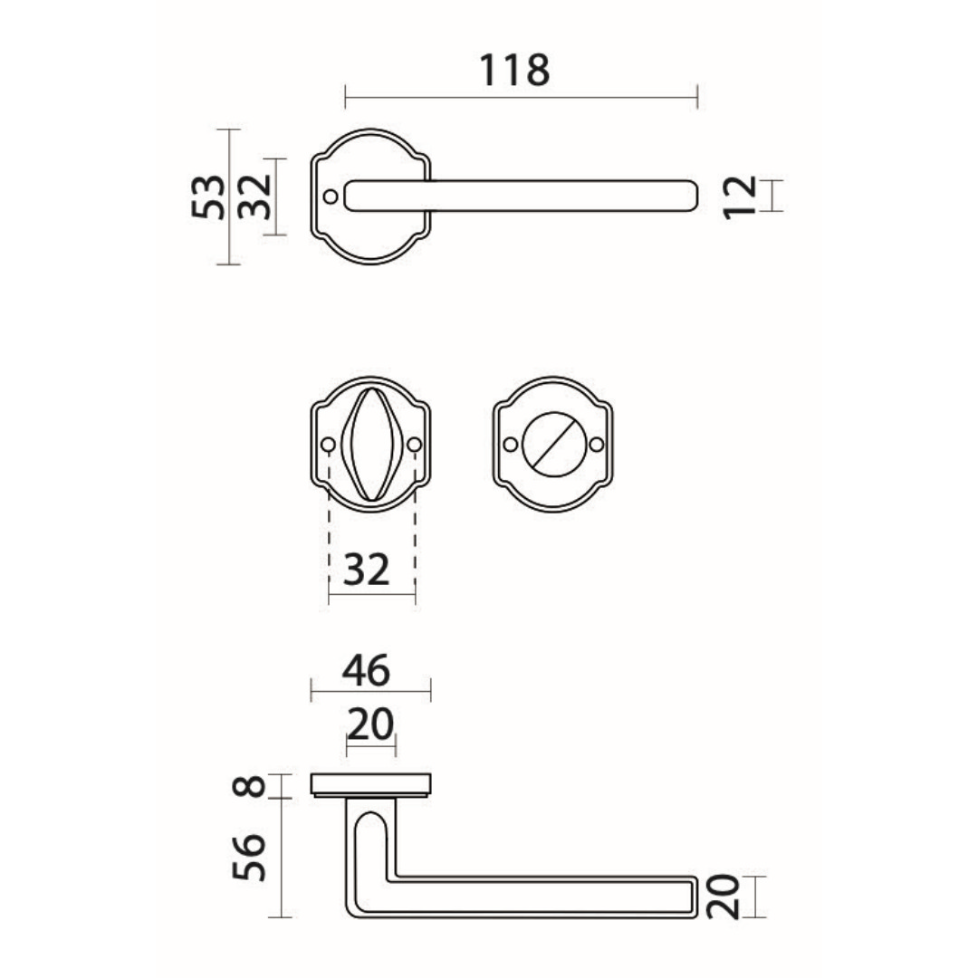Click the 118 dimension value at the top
[514, 70]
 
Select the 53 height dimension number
[208, 197]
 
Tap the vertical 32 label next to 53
[255, 197]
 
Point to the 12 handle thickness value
[741, 197]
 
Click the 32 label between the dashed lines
[367, 569]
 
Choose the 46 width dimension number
[366, 670]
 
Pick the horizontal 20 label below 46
[370, 724]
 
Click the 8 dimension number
[249, 786]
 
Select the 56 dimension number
[249, 857]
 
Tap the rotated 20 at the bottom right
[723, 896]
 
